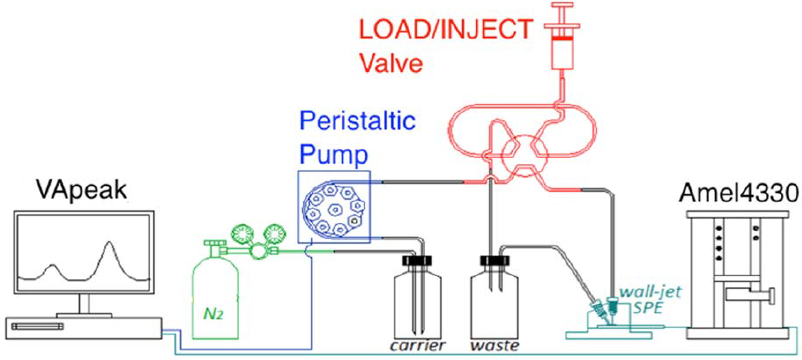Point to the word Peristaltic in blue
click(357, 121)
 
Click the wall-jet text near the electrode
click(650, 292)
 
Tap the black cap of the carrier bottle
click(417, 260)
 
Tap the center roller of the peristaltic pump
click(335, 209)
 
